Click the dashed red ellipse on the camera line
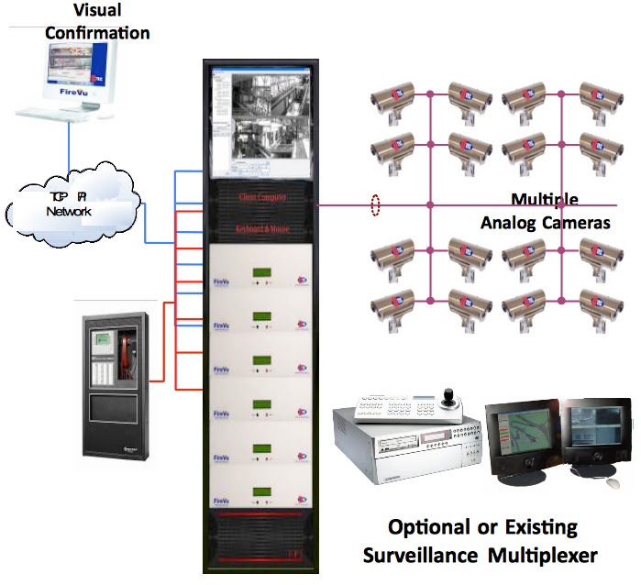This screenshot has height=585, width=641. point(373,205)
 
